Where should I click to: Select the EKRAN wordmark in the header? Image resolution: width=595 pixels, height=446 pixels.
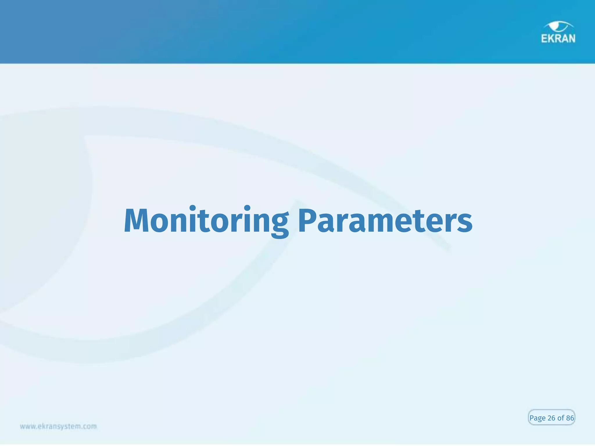(x=558, y=39)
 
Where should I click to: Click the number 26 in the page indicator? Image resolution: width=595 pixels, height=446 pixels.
(x=551, y=418)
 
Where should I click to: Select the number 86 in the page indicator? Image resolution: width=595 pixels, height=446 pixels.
(x=570, y=418)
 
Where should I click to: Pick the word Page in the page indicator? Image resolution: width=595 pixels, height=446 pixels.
(x=537, y=418)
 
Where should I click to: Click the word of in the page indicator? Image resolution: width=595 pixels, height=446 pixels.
(x=561, y=418)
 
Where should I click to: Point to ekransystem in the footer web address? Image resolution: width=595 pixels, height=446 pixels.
(x=60, y=427)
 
